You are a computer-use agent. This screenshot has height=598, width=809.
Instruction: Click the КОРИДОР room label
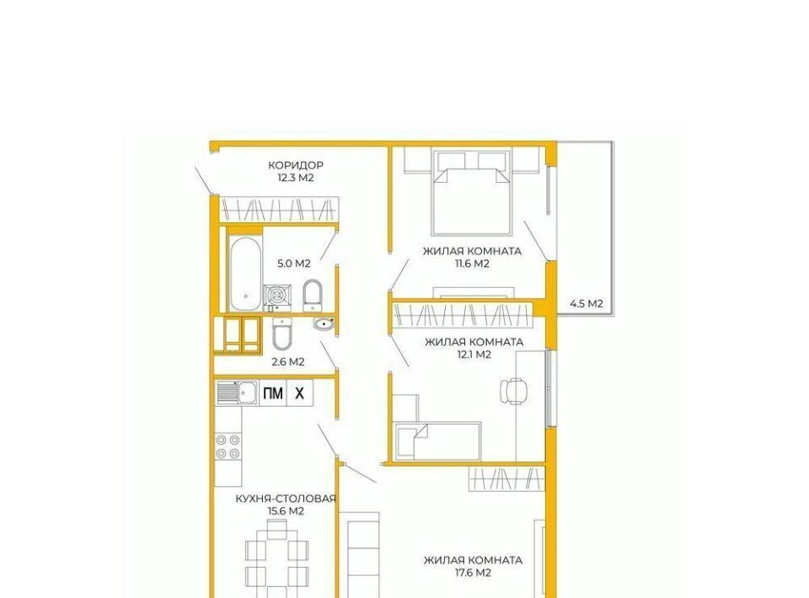coord(296,165)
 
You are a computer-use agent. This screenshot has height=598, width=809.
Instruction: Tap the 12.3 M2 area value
coord(296,178)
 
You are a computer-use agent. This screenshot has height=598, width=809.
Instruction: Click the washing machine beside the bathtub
coord(278,297)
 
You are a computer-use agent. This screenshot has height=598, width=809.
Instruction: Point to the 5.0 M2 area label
coord(294,264)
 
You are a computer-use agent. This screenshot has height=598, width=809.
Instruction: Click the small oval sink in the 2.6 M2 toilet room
coord(324,324)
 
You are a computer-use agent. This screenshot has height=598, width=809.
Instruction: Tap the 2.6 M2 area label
coord(288,362)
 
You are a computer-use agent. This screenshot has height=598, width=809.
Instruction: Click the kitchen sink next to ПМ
coord(237,393)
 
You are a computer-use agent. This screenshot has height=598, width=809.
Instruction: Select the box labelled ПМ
coord(273,393)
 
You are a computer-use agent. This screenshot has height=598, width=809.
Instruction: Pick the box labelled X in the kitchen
coord(300,393)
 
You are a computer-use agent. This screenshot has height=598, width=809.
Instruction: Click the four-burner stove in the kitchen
coord(228,446)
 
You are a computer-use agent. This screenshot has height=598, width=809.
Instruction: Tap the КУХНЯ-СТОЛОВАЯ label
coord(286,499)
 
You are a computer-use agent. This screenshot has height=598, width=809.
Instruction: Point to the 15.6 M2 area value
coord(286,511)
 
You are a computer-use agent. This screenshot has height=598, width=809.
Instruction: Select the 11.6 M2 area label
coord(472,264)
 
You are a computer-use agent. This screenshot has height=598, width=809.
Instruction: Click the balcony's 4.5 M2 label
coord(587,304)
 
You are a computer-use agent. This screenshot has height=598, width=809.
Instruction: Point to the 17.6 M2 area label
coord(473,573)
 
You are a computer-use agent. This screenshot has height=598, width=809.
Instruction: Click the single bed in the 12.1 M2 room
coord(437,441)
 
